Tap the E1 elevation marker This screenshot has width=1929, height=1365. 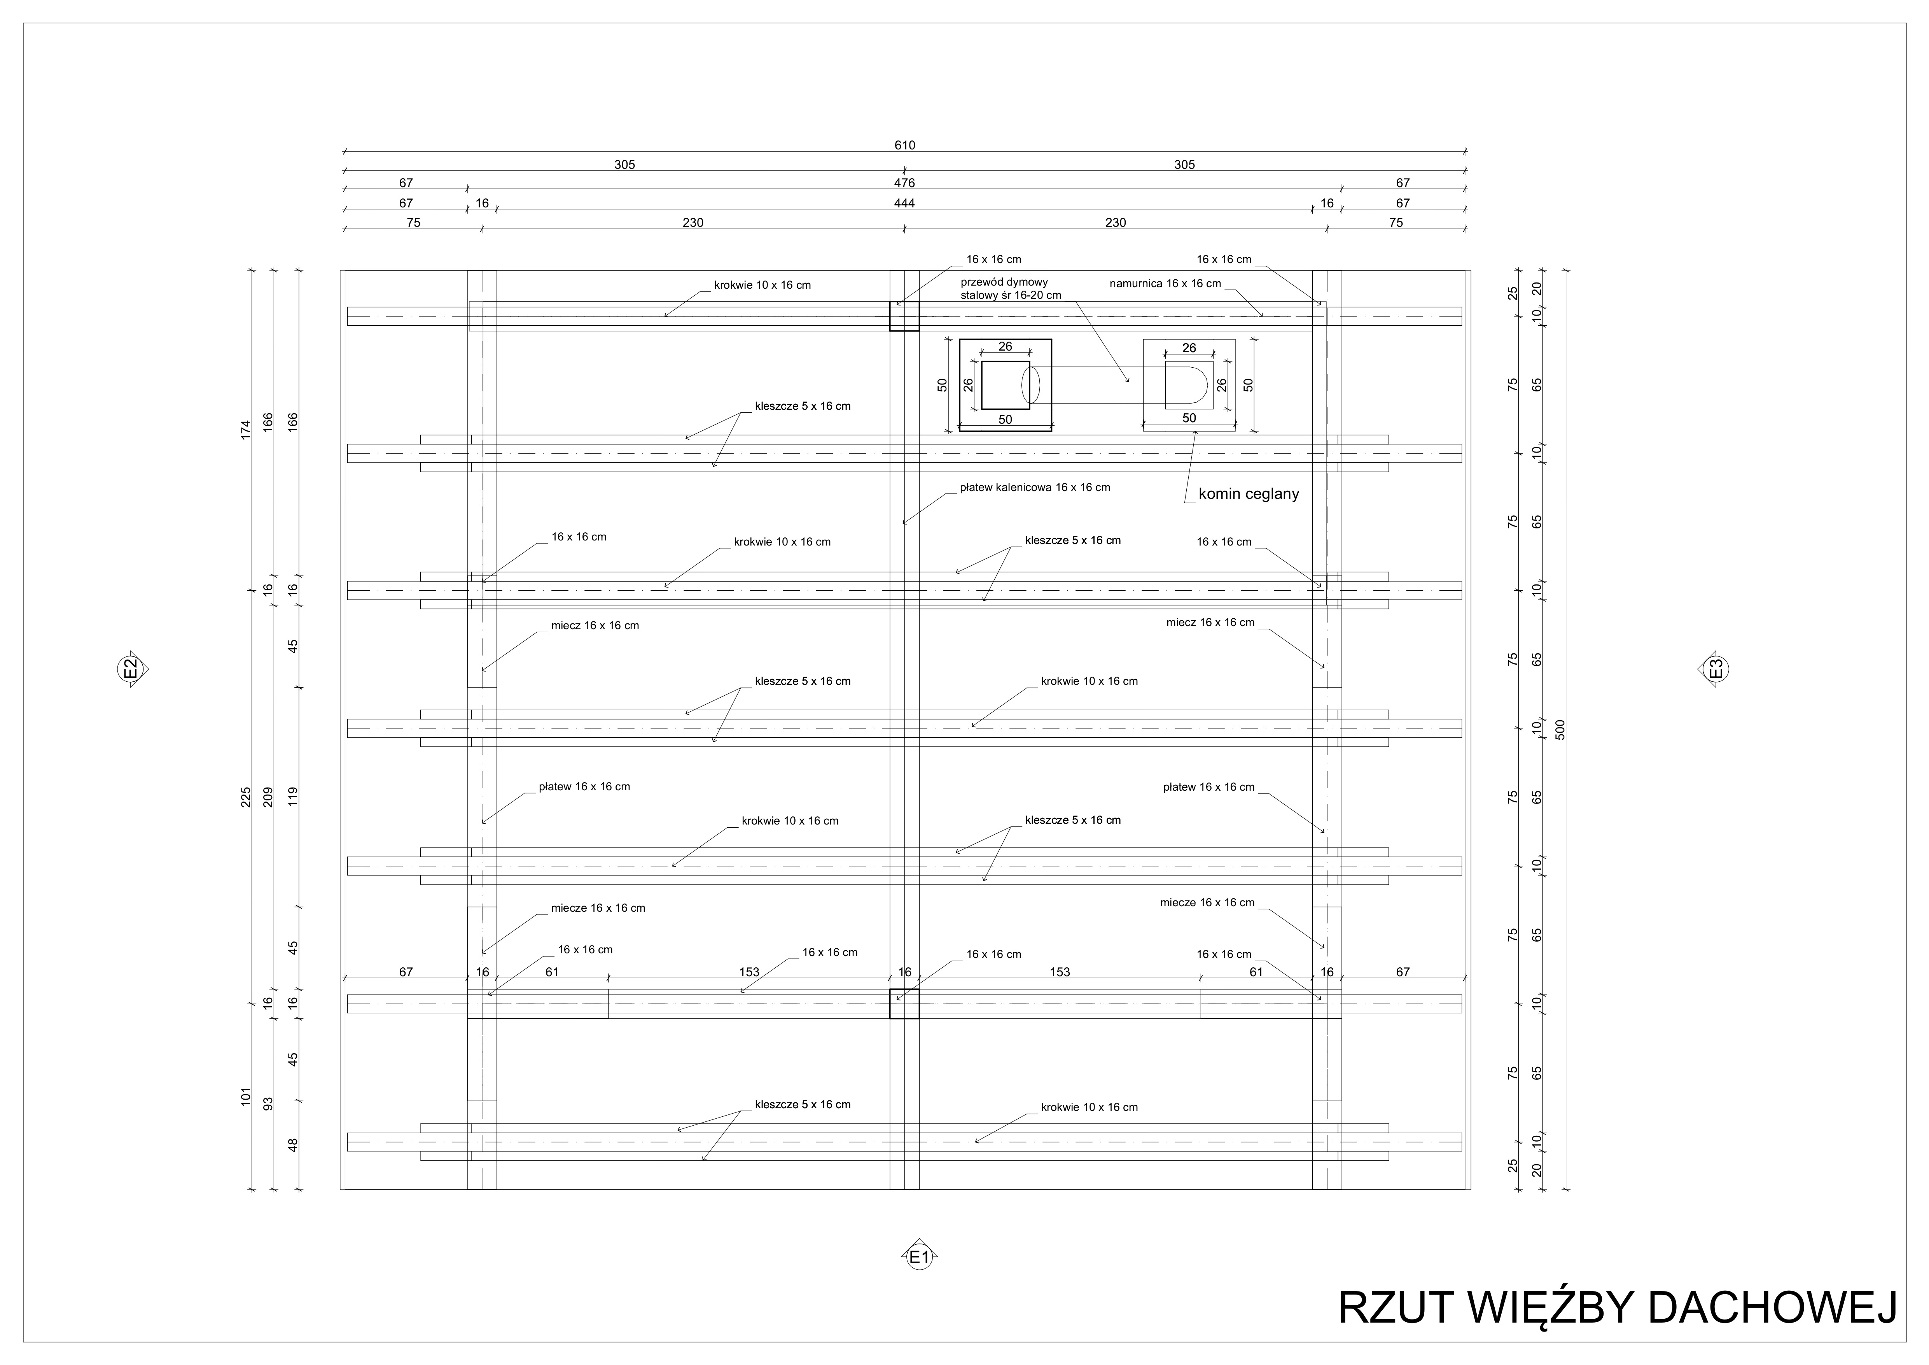point(918,1258)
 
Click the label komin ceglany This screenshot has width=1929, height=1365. point(1249,494)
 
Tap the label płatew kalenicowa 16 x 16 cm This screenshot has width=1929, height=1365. point(1035,488)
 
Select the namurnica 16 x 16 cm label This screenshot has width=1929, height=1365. point(1165,284)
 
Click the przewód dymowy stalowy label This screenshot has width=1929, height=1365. point(1011,288)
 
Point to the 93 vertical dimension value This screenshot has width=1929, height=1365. point(269,1104)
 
